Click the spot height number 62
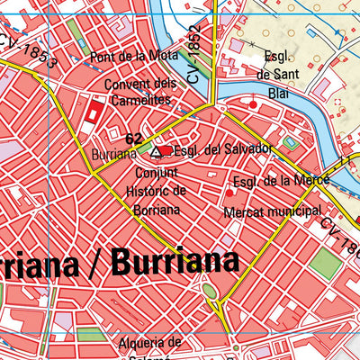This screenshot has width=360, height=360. click(134, 139)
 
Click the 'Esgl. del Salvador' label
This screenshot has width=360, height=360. click(222, 148)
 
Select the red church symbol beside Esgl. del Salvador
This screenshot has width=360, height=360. click(166, 151)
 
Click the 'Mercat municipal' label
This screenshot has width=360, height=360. click(273, 213)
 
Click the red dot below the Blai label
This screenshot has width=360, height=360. click(254, 106)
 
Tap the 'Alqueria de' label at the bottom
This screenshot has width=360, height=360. click(149, 343)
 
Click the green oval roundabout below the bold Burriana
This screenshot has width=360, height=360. click(210, 291)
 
